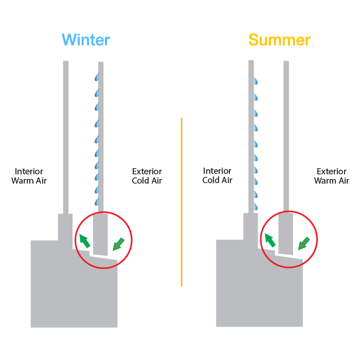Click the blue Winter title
[86, 40]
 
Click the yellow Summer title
[280, 40]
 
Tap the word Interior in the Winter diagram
[29, 171]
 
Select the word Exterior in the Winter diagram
[147, 171]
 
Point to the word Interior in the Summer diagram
[217, 171]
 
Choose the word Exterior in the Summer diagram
[332, 171]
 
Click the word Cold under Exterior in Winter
[140, 181]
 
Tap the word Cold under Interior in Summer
[211, 180]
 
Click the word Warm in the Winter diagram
[23, 181]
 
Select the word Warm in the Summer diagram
[326, 181]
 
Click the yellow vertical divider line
[182, 202]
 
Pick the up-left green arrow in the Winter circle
[84, 241]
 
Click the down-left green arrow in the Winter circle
[118, 244]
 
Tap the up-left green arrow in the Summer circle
[270, 240]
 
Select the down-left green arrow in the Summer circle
[304, 243]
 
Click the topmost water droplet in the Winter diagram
[97, 77]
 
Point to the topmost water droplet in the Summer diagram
[256, 81]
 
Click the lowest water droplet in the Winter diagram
[97, 202]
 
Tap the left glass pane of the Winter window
[66, 137]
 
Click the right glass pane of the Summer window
[286, 137]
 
